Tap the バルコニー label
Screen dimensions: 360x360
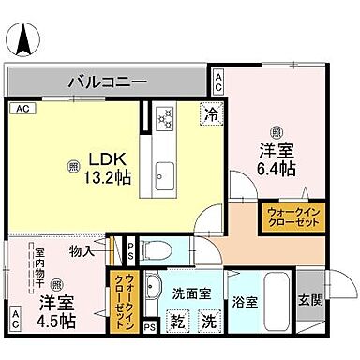coord(106,82)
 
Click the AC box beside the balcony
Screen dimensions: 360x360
coord(218,81)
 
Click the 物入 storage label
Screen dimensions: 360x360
coord(81,251)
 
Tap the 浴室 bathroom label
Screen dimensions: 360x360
coord(247,304)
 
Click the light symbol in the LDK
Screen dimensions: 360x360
coord(74,167)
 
